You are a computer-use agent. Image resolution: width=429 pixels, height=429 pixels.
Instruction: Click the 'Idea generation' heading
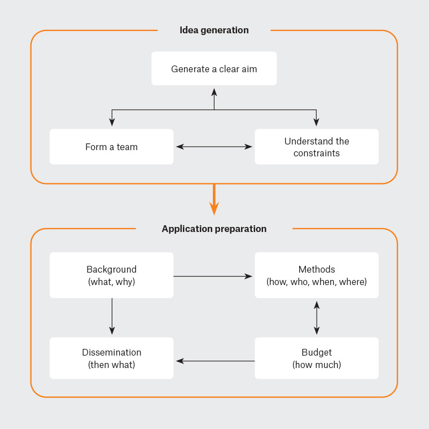coord(214,30)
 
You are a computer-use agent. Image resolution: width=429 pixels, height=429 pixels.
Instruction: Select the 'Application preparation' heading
coord(214,229)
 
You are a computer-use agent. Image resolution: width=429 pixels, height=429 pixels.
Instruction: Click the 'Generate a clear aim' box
coord(214,69)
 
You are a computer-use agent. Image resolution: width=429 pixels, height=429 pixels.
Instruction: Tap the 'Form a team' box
coord(111,147)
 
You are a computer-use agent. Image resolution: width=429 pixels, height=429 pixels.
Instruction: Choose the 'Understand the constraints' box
coord(317,147)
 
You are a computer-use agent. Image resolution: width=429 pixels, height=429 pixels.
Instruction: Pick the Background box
coord(111,275)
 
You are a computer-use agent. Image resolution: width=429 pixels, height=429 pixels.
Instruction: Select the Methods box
coord(317,275)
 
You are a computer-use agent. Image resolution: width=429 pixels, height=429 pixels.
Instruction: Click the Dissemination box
coord(111,358)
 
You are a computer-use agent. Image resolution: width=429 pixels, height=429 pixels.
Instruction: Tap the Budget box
coord(317,358)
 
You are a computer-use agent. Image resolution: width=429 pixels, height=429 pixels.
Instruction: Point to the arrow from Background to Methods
coord(213,276)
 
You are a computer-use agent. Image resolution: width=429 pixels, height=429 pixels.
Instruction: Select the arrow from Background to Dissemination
coord(112,317)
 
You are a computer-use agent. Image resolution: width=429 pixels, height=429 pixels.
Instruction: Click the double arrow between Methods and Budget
coord(317,318)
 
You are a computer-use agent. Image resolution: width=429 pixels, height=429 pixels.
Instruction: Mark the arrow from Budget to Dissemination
coord(215,361)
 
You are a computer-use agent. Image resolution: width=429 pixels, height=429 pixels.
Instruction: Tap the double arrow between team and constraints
coord(214,147)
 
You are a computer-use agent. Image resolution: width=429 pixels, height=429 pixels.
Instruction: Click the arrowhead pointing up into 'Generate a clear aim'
coord(214,91)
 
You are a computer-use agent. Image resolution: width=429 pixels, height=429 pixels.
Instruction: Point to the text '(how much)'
coord(317,365)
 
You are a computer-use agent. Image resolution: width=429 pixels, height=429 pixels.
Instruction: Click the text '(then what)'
coord(111,365)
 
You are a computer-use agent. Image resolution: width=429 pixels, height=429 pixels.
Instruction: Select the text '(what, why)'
coord(111,282)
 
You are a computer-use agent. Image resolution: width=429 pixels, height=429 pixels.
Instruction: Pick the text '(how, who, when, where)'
coord(317,282)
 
